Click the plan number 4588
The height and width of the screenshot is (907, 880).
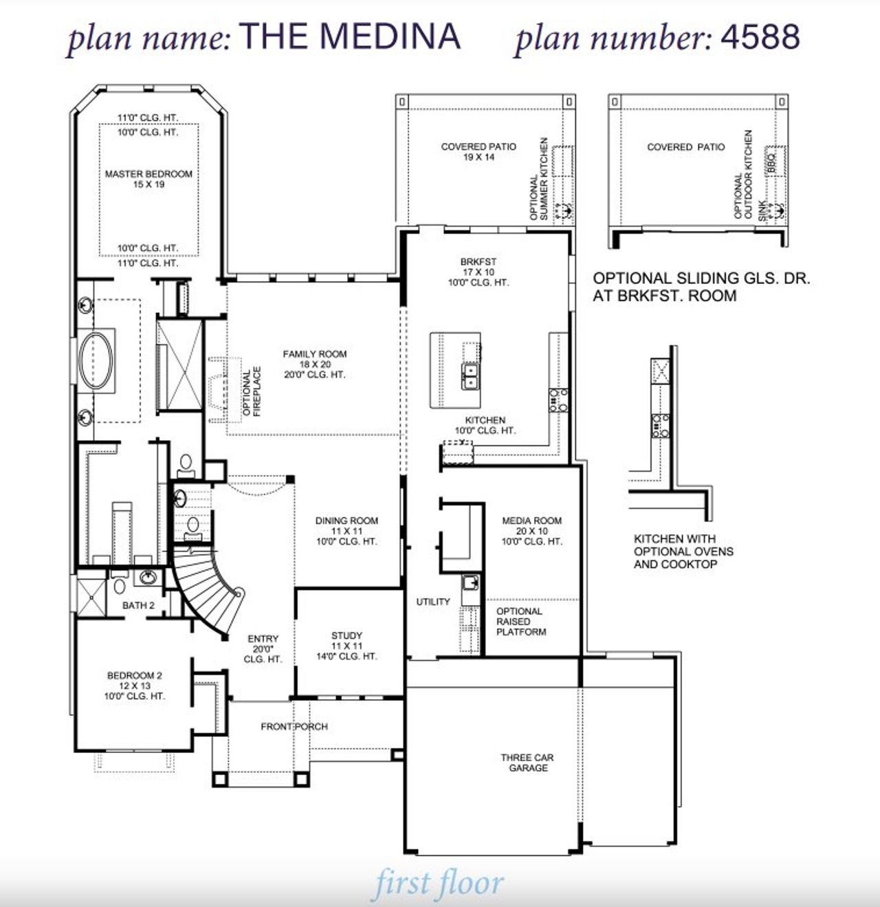click(760, 36)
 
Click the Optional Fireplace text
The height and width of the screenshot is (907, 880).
click(252, 392)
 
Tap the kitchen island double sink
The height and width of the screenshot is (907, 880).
click(470, 376)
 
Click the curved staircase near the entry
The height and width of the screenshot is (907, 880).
click(206, 584)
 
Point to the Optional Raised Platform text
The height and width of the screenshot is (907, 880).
click(520, 622)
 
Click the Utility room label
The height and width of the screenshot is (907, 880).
click(433, 602)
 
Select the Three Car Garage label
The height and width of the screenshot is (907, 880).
click(527, 763)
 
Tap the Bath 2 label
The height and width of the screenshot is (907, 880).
click(138, 606)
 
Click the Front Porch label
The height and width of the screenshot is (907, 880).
click(294, 727)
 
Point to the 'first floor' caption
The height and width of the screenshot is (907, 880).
click(439, 884)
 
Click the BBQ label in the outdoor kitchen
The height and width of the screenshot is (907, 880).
click(772, 162)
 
